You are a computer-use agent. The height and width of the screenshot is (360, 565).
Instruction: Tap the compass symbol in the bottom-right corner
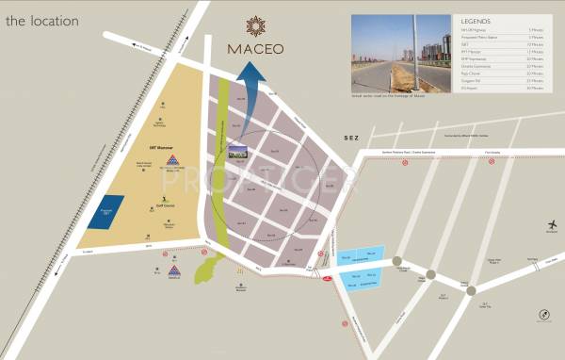point(543,315)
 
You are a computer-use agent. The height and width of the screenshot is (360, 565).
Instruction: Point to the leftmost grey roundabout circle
point(397,262)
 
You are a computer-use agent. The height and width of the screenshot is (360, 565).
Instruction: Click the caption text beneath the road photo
point(386,95)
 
